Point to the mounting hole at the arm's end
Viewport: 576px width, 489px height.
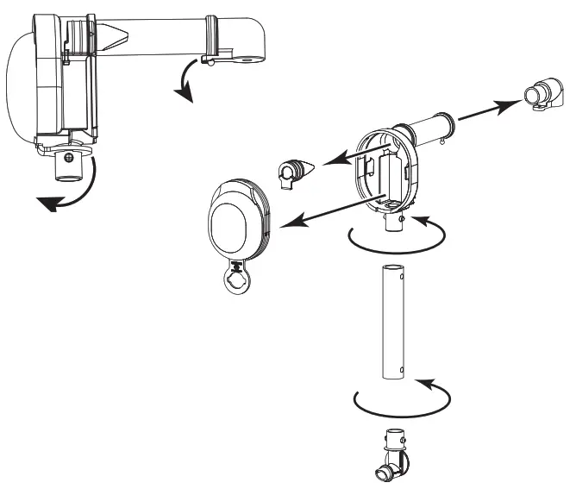click(251, 60)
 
